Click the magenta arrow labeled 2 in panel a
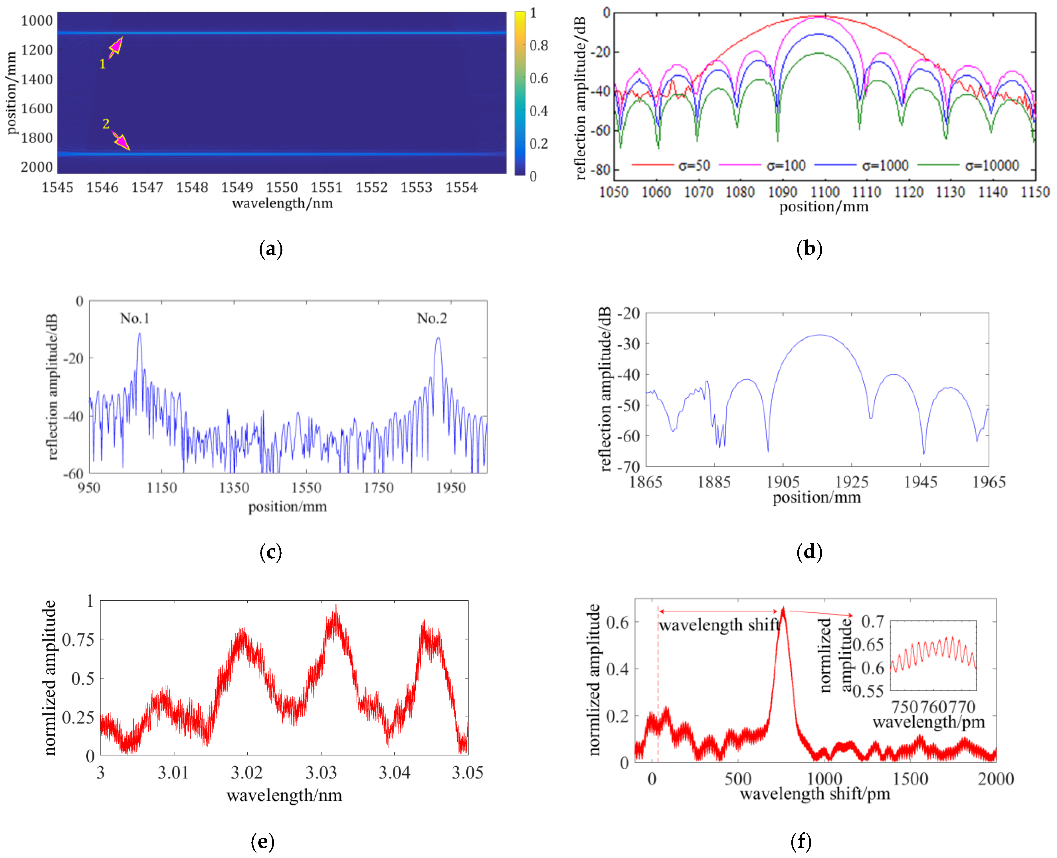pyautogui.click(x=121, y=141)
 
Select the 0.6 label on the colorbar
pyautogui.click(x=539, y=78)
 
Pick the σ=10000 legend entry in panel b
pyautogui.click(x=992, y=165)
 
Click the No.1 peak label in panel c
pyautogui.click(x=134, y=318)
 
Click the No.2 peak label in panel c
pyautogui.click(x=432, y=318)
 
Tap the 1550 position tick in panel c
pyautogui.click(x=306, y=488)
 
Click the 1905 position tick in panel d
pyautogui.click(x=783, y=482)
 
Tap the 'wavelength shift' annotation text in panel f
pyautogui.click(x=719, y=625)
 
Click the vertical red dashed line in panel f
pyautogui.click(x=658, y=692)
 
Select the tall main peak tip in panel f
pyautogui.click(x=783, y=609)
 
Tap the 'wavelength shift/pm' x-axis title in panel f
pyautogui.click(x=815, y=794)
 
